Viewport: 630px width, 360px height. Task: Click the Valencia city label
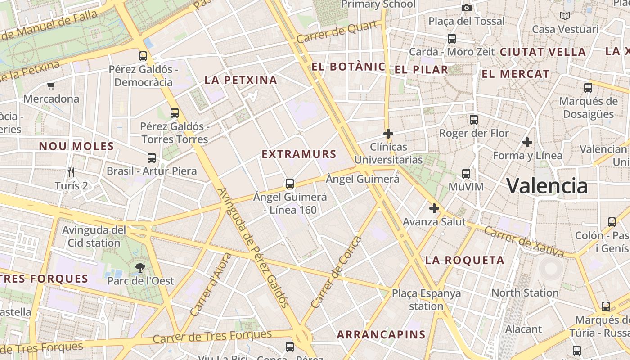point(547,185)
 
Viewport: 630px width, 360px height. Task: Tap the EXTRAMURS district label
point(299,154)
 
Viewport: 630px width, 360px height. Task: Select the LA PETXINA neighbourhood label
point(241,81)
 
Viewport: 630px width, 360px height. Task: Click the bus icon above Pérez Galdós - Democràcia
point(143,56)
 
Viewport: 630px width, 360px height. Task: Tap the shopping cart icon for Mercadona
point(51,85)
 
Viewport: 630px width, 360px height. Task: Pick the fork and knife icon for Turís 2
point(71,172)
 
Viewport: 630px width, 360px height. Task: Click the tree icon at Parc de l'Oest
point(140,268)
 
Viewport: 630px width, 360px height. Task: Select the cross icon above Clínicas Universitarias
point(388,134)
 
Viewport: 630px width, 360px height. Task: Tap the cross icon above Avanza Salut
point(434,208)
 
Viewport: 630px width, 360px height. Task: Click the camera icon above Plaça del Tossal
point(467,8)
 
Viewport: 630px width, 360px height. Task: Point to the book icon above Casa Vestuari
point(565,16)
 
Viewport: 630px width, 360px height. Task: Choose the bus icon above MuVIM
point(466,174)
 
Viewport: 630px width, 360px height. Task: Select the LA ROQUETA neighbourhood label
point(465,260)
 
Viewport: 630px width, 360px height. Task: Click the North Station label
point(525,293)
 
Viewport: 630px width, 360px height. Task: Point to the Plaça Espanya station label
point(426,300)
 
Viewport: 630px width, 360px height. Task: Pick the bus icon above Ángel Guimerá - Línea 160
point(290,184)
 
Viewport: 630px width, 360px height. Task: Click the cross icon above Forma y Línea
point(527,143)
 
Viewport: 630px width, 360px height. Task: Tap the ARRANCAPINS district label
point(381,334)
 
